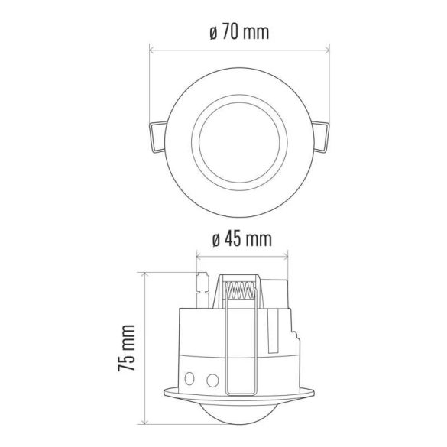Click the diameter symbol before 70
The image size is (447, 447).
coord(210,34)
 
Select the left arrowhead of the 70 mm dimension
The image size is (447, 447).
coord(151,51)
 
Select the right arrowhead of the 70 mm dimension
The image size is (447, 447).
coord(331,51)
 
